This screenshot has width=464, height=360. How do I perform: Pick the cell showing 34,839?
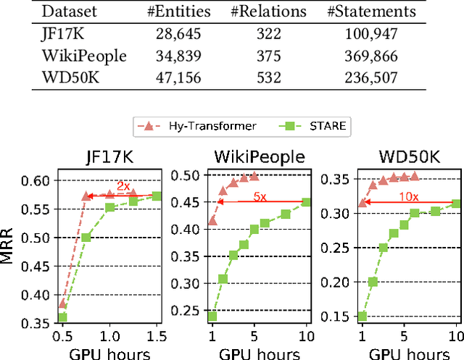184,55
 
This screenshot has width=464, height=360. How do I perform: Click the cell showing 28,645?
184,34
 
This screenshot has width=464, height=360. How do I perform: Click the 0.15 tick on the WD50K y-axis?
341,317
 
